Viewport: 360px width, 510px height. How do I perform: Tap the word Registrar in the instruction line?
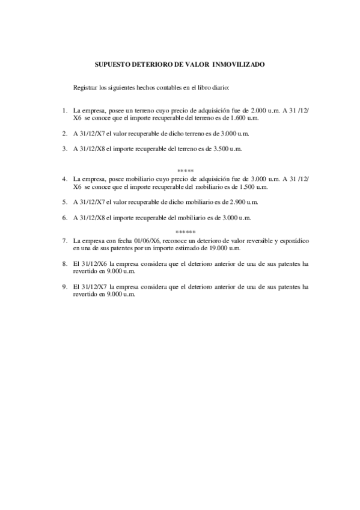click(x=85, y=88)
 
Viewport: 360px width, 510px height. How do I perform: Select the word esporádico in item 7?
click(x=294, y=241)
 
